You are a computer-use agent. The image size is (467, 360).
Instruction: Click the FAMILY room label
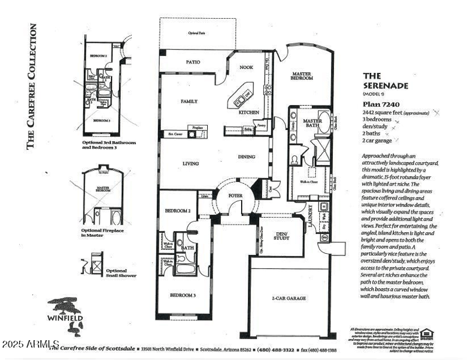click(189, 102)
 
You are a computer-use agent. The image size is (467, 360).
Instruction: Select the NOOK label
click(246, 68)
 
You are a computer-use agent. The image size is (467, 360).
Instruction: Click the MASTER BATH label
click(312, 123)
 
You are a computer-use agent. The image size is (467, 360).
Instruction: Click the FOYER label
click(235, 195)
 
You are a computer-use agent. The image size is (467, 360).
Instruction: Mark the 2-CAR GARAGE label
click(288, 298)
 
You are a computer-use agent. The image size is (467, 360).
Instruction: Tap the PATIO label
click(193, 61)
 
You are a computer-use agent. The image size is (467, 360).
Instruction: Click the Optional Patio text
click(197, 33)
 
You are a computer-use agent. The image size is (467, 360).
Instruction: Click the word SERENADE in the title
click(386, 85)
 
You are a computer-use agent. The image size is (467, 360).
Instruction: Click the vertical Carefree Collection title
click(33, 86)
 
